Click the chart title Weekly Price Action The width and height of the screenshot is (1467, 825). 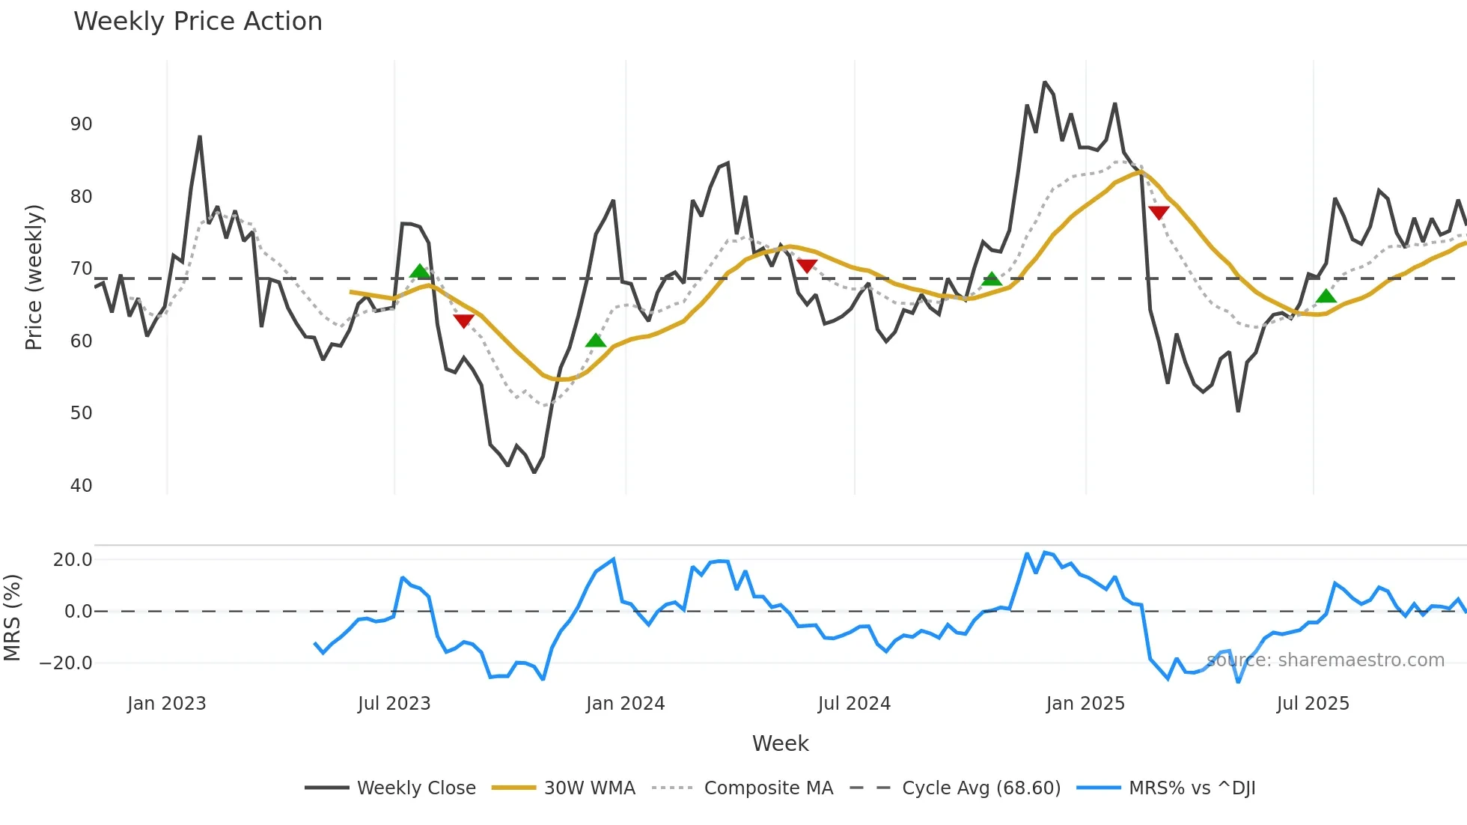click(198, 22)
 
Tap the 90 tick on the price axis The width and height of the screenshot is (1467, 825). click(81, 124)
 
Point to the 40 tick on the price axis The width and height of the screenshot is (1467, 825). click(81, 485)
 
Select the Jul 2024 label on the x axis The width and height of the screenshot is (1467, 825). click(854, 704)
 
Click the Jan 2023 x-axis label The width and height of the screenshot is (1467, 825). click(166, 704)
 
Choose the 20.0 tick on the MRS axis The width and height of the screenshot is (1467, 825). click(73, 560)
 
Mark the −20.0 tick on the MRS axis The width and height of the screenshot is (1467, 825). click(66, 663)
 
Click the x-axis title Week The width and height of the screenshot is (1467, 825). click(780, 743)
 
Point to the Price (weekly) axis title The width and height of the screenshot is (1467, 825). click(34, 277)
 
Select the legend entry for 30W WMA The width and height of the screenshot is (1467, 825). click(589, 788)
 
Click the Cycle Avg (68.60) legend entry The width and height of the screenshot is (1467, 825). click(980, 788)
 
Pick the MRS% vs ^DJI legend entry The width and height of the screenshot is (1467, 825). click(1192, 788)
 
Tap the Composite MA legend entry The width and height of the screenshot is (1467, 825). click(768, 788)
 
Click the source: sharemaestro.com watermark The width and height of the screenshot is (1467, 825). click(1325, 660)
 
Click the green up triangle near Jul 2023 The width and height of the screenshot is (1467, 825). click(420, 271)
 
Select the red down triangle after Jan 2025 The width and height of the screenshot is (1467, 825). click(1159, 213)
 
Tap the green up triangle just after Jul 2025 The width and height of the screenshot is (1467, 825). click(1326, 296)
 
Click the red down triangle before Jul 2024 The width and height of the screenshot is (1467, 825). click(807, 266)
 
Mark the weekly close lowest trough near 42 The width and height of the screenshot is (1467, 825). click(534, 472)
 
